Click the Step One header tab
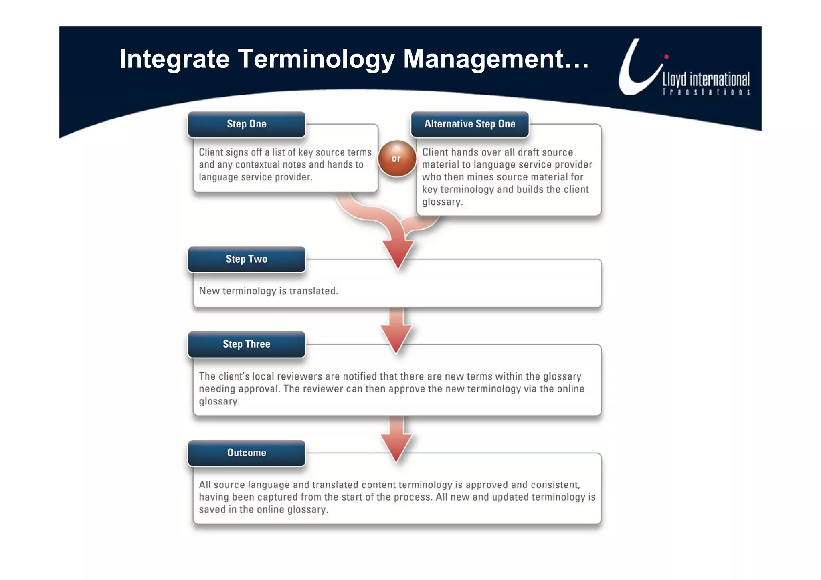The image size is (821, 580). [247, 124]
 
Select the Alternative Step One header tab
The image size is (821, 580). [469, 124]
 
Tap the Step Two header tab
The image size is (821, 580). [247, 259]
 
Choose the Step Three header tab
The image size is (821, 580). [247, 344]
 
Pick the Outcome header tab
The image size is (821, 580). [247, 453]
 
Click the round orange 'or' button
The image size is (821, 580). [396, 159]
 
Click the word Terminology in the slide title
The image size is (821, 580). [316, 59]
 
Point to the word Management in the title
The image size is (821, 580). [484, 59]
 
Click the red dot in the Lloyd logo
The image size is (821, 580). [666, 57]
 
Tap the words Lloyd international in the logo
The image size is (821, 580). [706, 79]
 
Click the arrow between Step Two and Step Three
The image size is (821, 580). [396, 331]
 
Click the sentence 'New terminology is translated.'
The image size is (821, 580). [268, 291]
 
